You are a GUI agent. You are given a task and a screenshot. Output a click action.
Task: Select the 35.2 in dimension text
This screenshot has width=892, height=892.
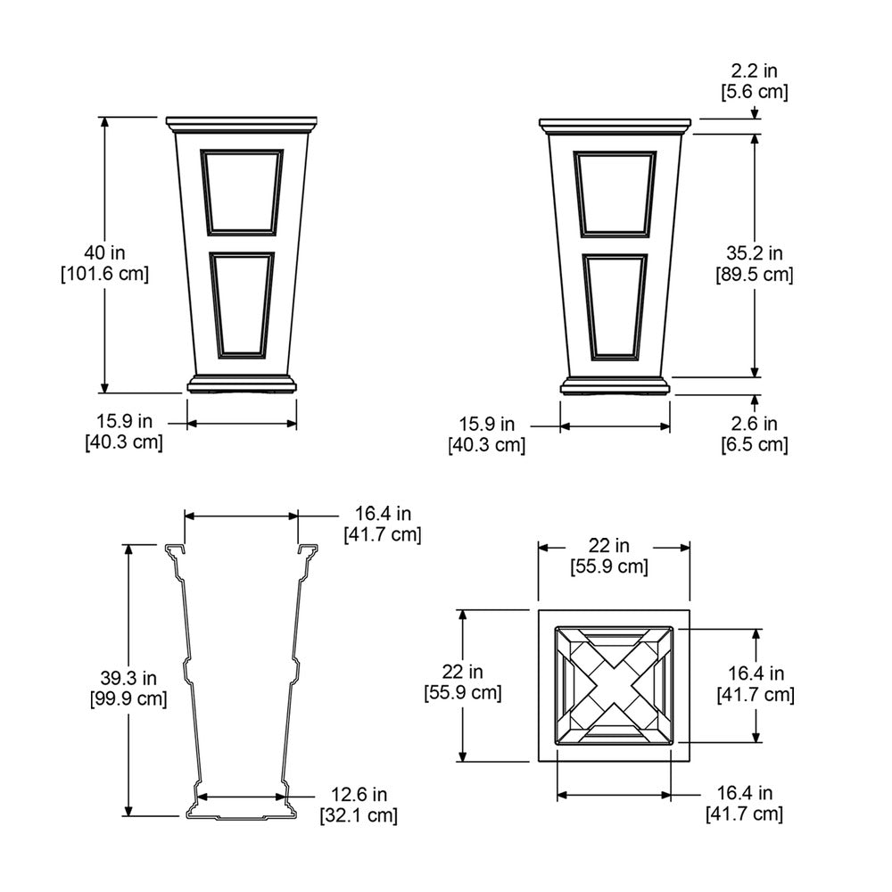coord(754,253)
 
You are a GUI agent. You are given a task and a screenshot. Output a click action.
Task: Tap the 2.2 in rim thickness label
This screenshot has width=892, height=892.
coord(754,70)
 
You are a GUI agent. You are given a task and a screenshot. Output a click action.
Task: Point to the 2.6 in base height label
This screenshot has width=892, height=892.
coord(754,423)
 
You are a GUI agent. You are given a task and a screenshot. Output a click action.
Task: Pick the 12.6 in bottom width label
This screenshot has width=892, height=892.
coord(359,794)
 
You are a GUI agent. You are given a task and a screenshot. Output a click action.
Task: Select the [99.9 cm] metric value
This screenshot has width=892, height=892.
coord(128,698)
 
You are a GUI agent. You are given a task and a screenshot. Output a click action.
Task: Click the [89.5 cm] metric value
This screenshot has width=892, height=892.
coord(754,275)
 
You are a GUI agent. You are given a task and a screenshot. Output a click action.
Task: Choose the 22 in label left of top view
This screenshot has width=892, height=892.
coord(462,671)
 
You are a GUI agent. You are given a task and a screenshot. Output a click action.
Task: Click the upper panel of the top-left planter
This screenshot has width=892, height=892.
coord(242,191)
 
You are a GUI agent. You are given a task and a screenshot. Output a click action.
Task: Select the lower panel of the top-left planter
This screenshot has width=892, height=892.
coord(242,304)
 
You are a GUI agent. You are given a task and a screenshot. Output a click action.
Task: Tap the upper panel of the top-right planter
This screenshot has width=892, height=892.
coord(615,193)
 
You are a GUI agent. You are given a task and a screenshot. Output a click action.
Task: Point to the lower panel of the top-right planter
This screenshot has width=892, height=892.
coord(615,306)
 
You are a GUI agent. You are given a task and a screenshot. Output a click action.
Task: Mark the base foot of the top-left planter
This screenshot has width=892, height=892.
coord(242,384)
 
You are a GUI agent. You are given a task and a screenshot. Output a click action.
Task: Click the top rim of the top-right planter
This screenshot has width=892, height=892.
coord(615,122)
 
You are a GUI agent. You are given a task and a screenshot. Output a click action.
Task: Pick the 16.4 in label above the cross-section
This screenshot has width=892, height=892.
coord(383,514)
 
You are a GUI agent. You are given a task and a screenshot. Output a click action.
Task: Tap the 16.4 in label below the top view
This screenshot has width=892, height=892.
coord(744,792)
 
